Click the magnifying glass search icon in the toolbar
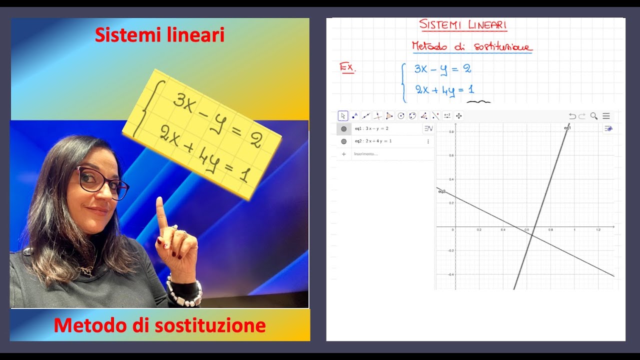pyautogui.click(x=594, y=116)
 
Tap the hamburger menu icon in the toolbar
pyautogui.click(x=606, y=116)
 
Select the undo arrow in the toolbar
pyautogui.click(x=572, y=116)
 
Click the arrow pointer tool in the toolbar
pyautogui.click(x=343, y=116)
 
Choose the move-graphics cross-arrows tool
pyautogui.click(x=458, y=116)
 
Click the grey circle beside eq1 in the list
pyautogui.click(x=344, y=128)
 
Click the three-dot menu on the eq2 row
pyautogui.click(x=428, y=141)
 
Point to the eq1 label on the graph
pyautogui.click(x=567, y=128)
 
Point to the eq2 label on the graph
pyautogui.click(x=441, y=191)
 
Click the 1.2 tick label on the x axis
pyautogui.click(x=598, y=230)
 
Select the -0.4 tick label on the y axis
pyautogui.click(x=451, y=274)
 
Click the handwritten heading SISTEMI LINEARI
pyautogui.click(x=463, y=24)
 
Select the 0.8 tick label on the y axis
pyautogui.click(x=451, y=132)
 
